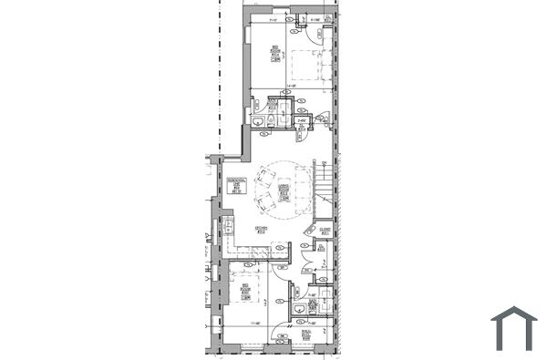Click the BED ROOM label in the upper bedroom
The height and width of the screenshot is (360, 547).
tap(275, 53)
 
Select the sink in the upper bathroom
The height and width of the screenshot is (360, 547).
tap(258, 121)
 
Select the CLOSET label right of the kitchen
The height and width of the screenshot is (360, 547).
tap(324, 229)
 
